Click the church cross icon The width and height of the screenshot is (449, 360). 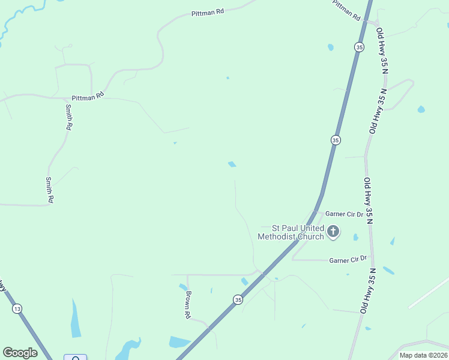334,231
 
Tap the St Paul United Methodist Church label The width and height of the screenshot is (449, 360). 291,232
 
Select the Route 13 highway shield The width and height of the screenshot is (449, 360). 17,308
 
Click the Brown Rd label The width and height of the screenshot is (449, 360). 188,304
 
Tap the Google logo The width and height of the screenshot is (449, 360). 20,353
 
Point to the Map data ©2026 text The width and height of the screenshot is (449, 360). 423,355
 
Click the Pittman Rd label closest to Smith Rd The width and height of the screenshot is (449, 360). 88,96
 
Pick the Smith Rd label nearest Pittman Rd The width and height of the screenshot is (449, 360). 69,117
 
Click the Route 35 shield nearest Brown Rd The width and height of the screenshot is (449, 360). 238,299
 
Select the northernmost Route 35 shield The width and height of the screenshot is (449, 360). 359,47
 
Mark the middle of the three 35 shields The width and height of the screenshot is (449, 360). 336,140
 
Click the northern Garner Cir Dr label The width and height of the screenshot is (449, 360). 344,214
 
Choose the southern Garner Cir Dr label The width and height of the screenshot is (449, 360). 348,259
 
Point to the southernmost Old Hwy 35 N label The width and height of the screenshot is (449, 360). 368,290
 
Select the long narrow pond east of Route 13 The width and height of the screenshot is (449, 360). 76,318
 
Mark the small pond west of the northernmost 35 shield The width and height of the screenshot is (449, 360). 330,47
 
